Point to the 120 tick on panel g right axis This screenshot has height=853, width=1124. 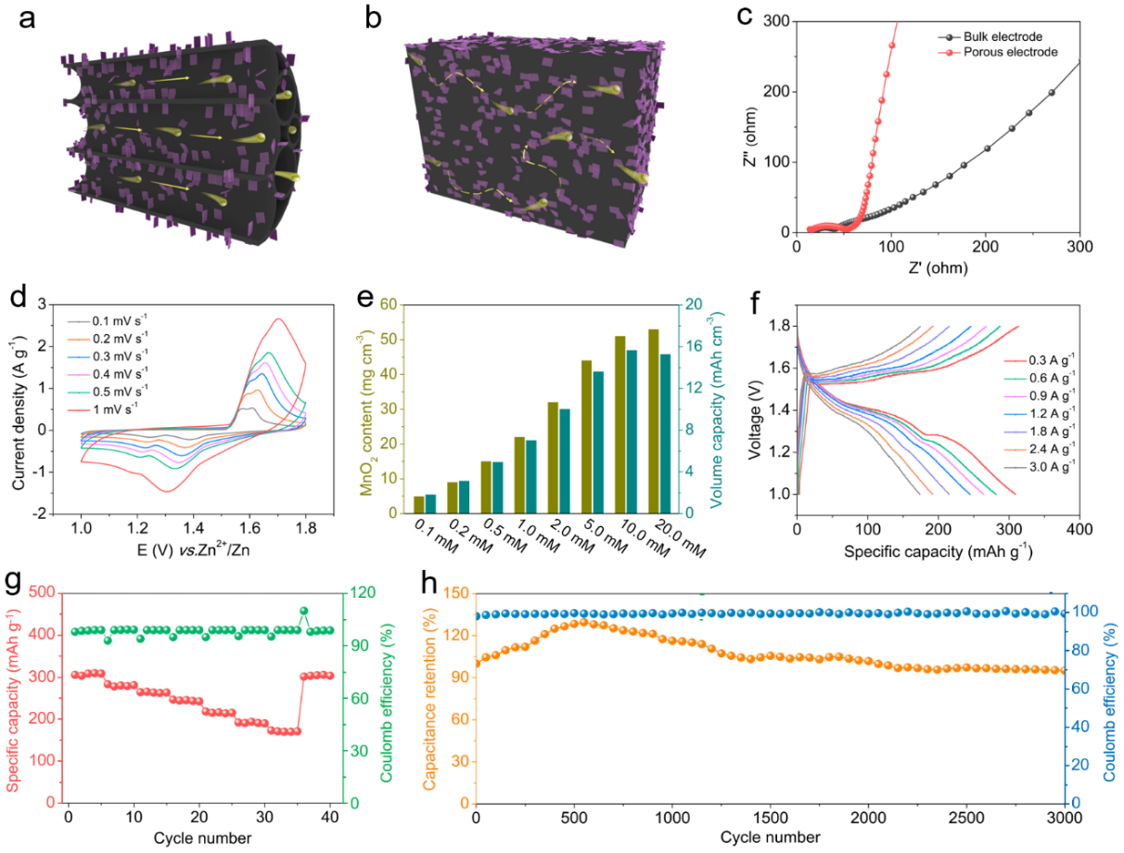tap(364, 592)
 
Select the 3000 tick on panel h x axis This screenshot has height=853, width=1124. tap(1062, 819)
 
